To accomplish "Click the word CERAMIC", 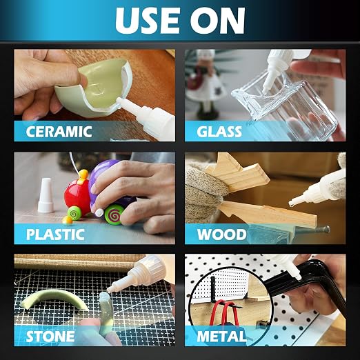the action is click(59, 131).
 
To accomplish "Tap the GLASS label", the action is click(219, 132).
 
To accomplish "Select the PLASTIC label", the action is click(55, 234).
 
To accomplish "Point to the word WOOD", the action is click(221, 234).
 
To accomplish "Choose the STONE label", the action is click(50, 337).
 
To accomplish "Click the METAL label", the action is click(221, 337).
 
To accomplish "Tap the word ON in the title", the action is click(217, 21).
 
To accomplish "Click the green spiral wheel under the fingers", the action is click(114, 214).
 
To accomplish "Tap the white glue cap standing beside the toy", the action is click(46, 195).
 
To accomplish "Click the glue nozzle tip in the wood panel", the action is click(292, 203).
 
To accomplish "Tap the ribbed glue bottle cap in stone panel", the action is click(147, 268).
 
